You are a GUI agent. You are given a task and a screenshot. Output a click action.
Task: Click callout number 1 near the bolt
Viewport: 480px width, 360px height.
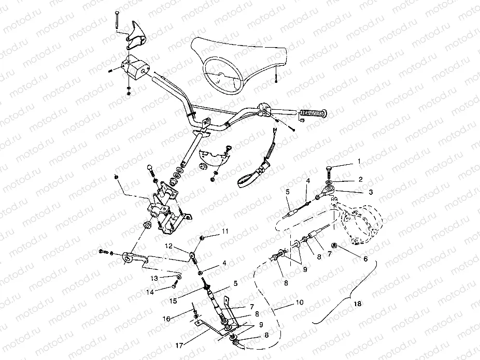pyautogui.click(x=359, y=162)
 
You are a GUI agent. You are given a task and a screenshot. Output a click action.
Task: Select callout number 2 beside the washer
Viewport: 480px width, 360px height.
pyautogui.click(x=361, y=179)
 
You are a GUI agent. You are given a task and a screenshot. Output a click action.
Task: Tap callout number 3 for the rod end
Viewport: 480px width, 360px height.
pyautogui.click(x=371, y=192)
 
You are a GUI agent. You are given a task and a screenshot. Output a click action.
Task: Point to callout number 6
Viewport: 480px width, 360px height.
pyautogui.click(x=365, y=259)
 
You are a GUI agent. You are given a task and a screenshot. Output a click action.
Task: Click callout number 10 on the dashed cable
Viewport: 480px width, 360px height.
pyautogui.click(x=300, y=303)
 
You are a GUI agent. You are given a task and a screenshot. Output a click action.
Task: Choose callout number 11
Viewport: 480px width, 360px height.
pyautogui.click(x=225, y=231)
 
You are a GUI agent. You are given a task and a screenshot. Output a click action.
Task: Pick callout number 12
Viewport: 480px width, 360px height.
pyautogui.click(x=168, y=246)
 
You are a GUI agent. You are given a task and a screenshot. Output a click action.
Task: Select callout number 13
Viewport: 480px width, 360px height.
pyautogui.click(x=154, y=278)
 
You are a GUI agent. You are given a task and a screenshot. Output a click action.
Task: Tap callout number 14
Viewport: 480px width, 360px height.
pyautogui.click(x=150, y=292)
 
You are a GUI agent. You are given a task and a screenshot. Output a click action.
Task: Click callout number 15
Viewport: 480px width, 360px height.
pyautogui.click(x=173, y=301)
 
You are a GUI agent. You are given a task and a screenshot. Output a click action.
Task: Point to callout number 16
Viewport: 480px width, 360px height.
pyautogui.click(x=166, y=319)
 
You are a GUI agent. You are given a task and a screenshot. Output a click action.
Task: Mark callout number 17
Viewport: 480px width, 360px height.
pyautogui.click(x=179, y=345)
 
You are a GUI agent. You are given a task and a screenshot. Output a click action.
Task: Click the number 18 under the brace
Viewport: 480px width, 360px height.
pyautogui.click(x=357, y=304)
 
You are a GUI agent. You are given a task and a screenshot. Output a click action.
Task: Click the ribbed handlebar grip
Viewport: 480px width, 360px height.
pyautogui.click(x=313, y=113)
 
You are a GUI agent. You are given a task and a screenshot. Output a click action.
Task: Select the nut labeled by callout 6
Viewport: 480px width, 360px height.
pyautogui.click(x=334, y=245)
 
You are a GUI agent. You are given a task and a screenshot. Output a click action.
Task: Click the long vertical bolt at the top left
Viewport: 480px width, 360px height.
pyautogui.click(x=117, y=20)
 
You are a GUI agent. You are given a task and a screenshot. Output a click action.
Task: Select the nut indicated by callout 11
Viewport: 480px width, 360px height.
pyautogui.click(x=202, y=238)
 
